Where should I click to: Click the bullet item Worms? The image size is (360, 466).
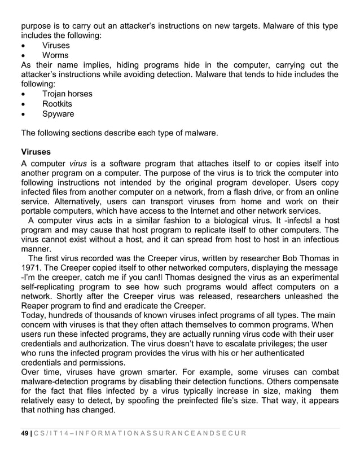pos(55,55)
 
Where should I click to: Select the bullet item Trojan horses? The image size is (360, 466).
pos(67,94)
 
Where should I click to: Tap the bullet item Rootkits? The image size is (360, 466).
pos(57,104)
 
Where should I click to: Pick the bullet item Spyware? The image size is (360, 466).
pos(58,114)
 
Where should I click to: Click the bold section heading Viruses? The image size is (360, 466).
pos(36,152)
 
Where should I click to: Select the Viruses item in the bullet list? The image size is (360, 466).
pos(56,45)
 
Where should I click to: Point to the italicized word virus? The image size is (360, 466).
pos(78,162)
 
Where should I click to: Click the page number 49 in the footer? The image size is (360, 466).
pos(25,433)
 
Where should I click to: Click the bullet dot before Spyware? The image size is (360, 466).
pos(23,115)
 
